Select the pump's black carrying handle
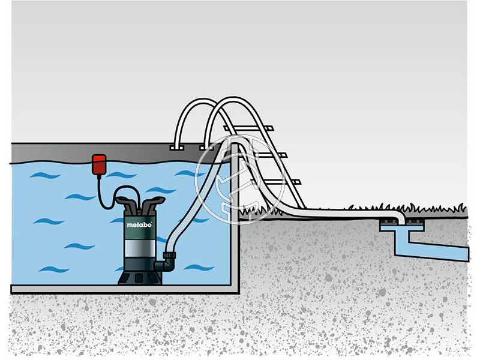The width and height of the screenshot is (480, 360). coord(140,200)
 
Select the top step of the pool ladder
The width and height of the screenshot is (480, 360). coord(249,128)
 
